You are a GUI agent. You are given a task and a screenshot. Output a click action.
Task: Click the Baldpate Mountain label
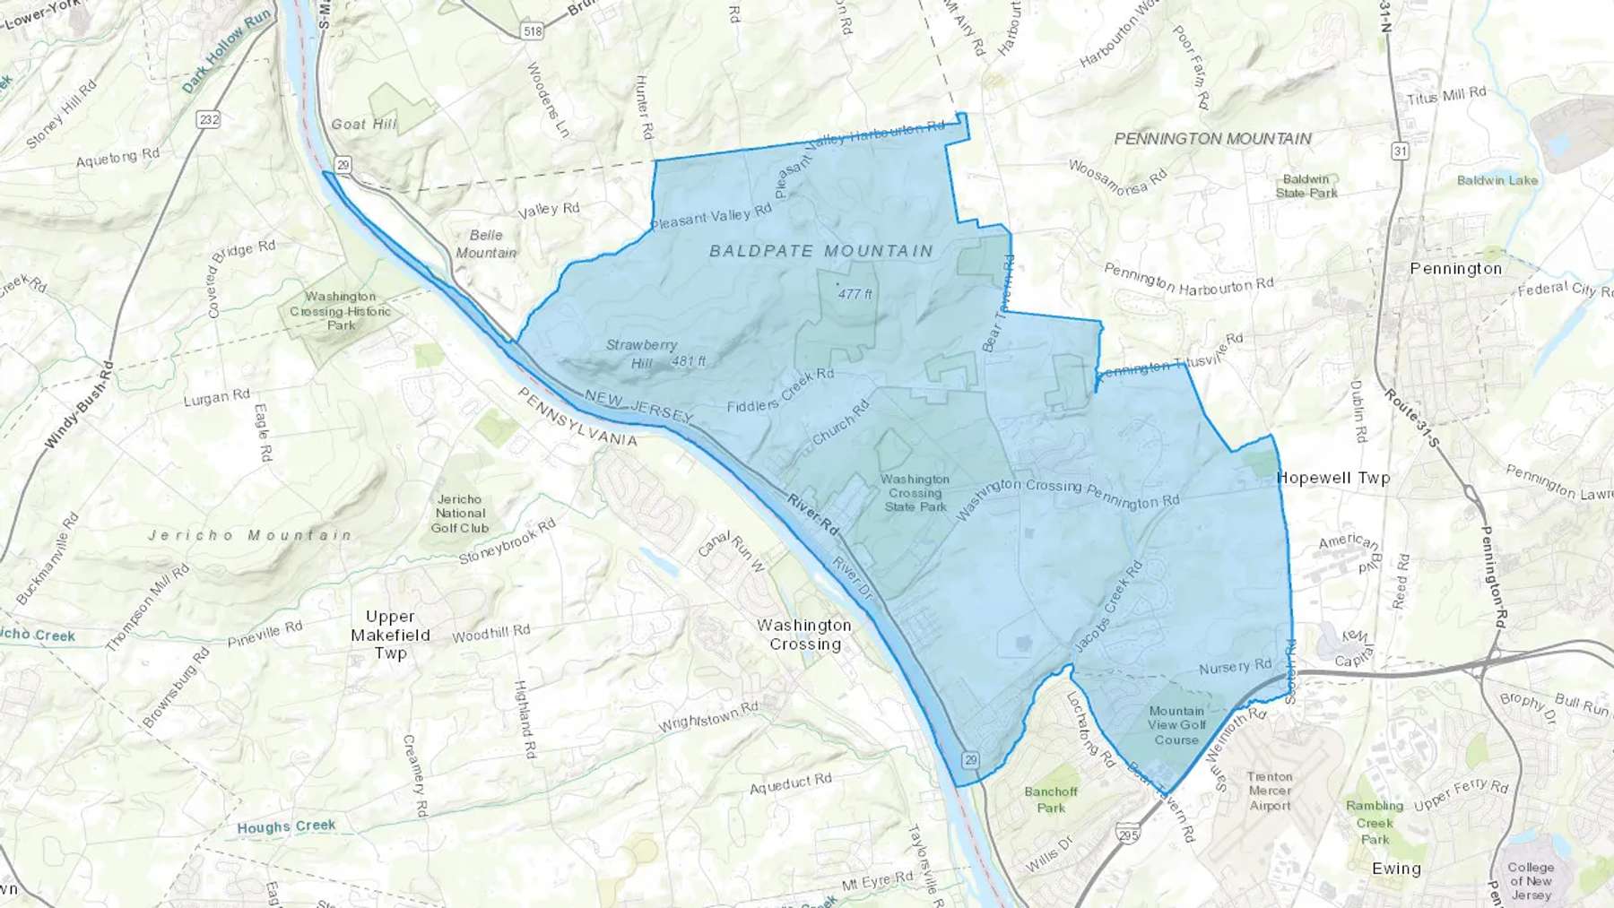pyautogui.click(x=821, y=251)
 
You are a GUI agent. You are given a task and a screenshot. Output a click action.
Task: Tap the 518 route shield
pyautogui.click(x=533, y=31)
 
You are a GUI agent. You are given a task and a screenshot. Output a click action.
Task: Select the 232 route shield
pyautogui.click(x=209, y=119)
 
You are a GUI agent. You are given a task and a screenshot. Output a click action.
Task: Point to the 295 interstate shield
pyautogui.click(x=1128, y=834)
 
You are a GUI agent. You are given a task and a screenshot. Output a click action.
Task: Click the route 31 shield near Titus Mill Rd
pyautogui.click(x=1400, y=151)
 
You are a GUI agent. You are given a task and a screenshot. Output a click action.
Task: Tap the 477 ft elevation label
pyautogui.click(x=855, y=294)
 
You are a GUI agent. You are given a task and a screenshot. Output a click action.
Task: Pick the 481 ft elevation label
pyautogui.click(x=689, y=361)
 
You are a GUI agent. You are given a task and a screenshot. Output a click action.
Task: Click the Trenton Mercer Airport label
pyautogui.click(x=1270, y=791)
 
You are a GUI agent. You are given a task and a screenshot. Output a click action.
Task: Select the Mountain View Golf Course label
pyautogui.click(x=1176, y=725)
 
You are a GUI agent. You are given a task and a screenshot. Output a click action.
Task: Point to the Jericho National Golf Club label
pyautogui.click(x=460, y=514)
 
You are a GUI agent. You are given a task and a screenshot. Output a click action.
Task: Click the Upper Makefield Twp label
pyautogui.click(x=391, y=635)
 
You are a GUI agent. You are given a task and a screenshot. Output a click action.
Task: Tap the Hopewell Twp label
pyautogui.click(x=1333, y=478)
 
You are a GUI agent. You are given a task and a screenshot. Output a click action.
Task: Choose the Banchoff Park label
pyautogui.click(x=1051, y=800)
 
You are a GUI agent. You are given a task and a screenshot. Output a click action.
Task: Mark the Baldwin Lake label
pyautogui.click(x=1497, y=180)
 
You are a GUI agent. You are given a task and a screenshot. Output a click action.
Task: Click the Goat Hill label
pyautogui.click(x=363, y=124)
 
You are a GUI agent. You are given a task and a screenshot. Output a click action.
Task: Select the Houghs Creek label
pyautogui.click(x=286, y=826)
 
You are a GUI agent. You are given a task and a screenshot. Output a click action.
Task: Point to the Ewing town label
pyautogui.click(x=1396, y=869)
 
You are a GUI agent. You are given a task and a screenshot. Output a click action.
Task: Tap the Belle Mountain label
pyautogui.click(x=486, y=244)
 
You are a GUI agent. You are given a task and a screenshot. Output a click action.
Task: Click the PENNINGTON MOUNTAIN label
pyautogui.click(x=1212, y=139)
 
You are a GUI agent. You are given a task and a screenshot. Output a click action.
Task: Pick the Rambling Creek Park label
pyautogui.click(x=1375, y=823)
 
